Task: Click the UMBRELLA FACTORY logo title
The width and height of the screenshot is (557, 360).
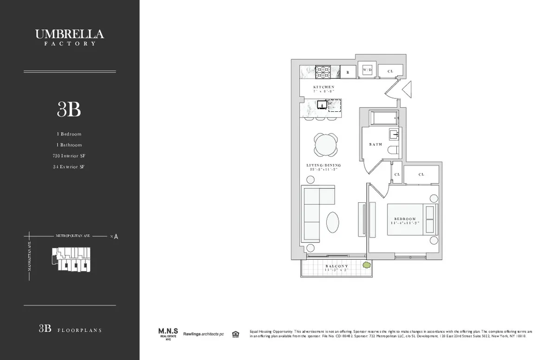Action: pyautogui.click(x=70, y=36)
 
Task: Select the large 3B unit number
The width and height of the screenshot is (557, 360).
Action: pyautogui.click(x=69, y=109)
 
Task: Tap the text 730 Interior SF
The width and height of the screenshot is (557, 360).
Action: pyautogui.click(x=69, y=156)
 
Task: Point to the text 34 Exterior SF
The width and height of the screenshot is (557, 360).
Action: pyautogui.click(x=69, y=167)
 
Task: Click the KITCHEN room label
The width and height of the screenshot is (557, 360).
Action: pyautogui.click(x=324, y=87)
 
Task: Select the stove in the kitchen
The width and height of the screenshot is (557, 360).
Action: pyautogui.click(x=322, y=72)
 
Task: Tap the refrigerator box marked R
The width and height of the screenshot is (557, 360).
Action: pyautogui.click(x=348, y=72)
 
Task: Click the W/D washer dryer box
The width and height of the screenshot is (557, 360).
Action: pyautogui.click(x=367, y=70)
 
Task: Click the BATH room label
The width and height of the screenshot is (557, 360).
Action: pyautogui.click(x=376, y=144)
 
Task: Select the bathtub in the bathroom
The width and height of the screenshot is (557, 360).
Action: pyautogui.click(x=383, y=118)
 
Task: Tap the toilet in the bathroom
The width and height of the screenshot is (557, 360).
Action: pyautogui.click(x=393, y=150)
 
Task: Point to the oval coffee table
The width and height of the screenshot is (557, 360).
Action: pyautogui.click(x=333, y=222)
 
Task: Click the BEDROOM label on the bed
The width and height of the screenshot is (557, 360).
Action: pyautogui.click(x=405, y=219)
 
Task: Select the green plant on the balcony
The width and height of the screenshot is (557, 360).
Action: pyautogui.click(x=367, y=265)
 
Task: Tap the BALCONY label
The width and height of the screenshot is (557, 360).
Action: pyautogui.click(x=337, y=266)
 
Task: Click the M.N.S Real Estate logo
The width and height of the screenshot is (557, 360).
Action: pyautogui.click(x=168, y=333)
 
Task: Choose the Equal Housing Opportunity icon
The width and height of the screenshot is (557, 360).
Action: pyautogui.click(x=236, y=334)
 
